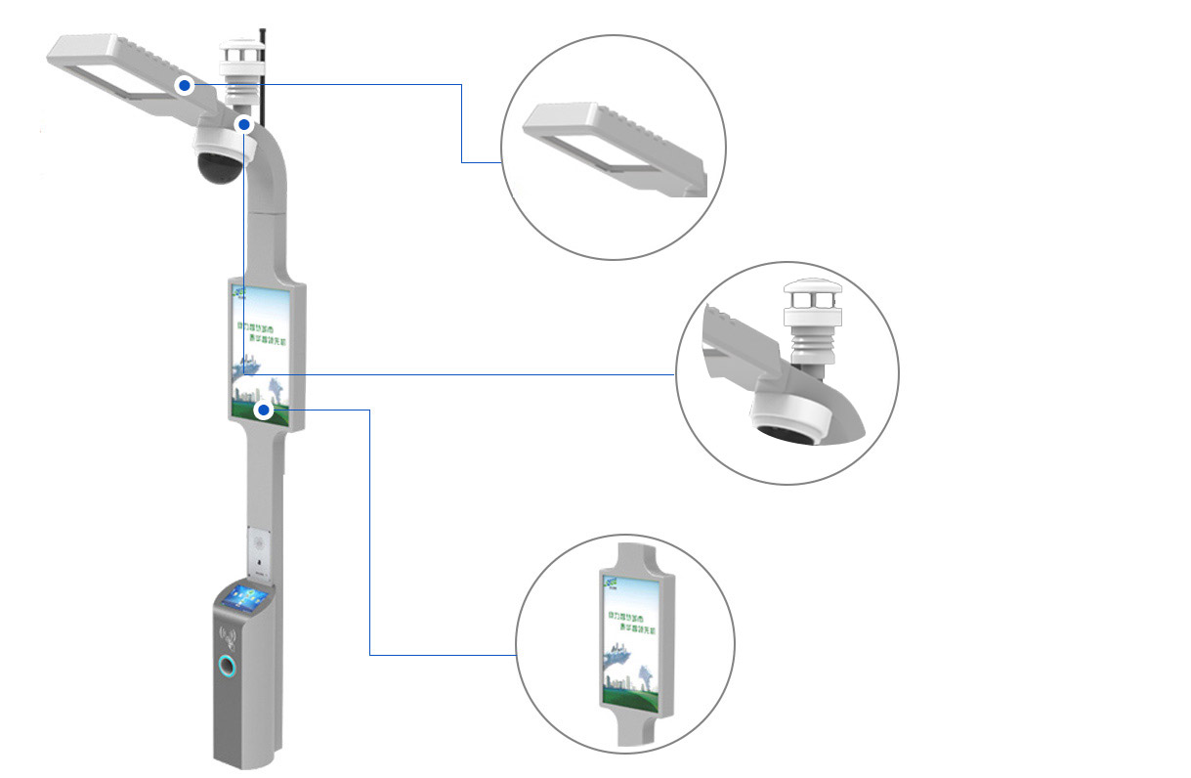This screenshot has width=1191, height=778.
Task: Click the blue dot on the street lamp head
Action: coord(185,86)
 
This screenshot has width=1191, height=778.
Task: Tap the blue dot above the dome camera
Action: coord(245,124)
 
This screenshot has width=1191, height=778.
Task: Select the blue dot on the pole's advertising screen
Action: coord(263,410)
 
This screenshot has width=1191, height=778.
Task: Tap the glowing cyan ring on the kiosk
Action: coord(228,668)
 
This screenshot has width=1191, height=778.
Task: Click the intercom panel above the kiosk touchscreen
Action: coord(259,549)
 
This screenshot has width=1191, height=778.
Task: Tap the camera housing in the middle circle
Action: coord(791,420)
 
